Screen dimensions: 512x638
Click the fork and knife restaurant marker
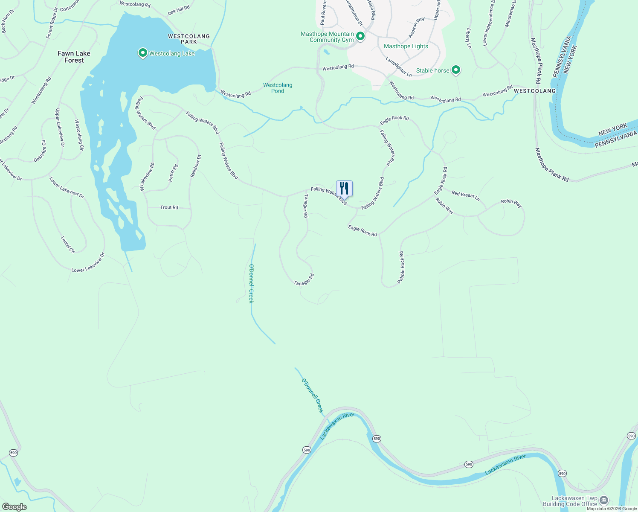[x=344, y=189]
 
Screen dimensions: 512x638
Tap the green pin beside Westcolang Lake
[x=143, y=53]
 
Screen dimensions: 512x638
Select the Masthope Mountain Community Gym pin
[x=360, y=36]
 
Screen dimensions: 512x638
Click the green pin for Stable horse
[x=456, y=70]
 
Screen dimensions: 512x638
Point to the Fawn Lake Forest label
[x=74, y=57]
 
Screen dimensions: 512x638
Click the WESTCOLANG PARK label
[x=188, y=39]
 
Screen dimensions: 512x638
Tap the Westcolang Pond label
[x=278, y=88]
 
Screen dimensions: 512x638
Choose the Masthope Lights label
[x=406, y=46]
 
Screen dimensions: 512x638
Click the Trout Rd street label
[x=169, y=207]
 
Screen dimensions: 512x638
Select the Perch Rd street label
[x=173, y=173]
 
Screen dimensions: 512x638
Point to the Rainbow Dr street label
[x=195, y=166]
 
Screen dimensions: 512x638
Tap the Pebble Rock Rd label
[x=401, y=268]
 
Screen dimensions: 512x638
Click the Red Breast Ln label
[x=465, y=196]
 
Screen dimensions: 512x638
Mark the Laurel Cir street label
[x=68, y=245]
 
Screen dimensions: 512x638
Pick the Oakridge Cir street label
[x=40, y=151]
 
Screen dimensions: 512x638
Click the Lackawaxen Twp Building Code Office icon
[x=603, y=500]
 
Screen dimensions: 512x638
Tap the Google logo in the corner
[x=14, y=506]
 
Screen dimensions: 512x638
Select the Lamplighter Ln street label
[x=399, y=67]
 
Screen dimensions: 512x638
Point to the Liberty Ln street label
[x=469, y=38]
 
